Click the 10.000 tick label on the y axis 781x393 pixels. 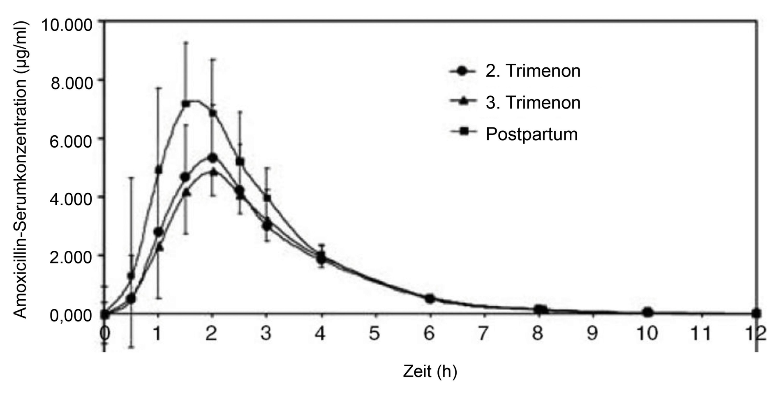(x=67, y=25)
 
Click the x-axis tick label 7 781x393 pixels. (x=483, y=333)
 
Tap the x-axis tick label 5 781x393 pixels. (x=374, y=333)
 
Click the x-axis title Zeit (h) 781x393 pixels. (x=430, y=372)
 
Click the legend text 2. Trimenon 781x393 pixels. (x=533, y=71)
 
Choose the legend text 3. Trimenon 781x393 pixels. (x=533, y=102)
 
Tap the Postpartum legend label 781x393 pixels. (x=531, y=134)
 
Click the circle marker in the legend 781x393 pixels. (x=463, y=71)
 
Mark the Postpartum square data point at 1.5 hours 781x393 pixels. (x=185, y=104)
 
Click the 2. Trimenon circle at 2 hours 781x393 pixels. (x=212, y=158)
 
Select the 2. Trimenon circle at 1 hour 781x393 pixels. (x=158, y=232)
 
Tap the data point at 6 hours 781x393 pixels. (x=430, y=299)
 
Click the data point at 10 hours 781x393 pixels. (x=647, y=312)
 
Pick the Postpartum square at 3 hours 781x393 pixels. (x=267, y=198)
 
